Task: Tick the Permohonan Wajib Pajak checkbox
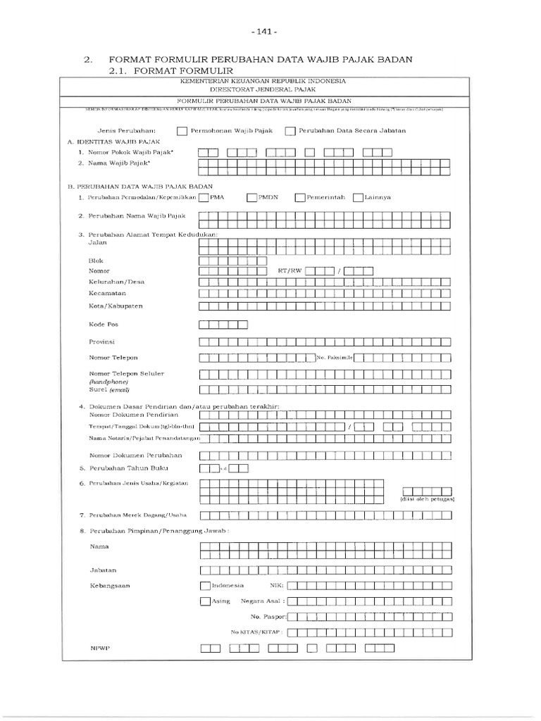pos(182,130)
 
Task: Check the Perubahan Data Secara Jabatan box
pos(290,130)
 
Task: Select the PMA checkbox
pos(204,198)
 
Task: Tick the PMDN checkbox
pos(252,198)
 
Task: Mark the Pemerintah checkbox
pos(301,198)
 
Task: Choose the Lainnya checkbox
pos(358,198)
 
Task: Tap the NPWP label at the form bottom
pos(97,648)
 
